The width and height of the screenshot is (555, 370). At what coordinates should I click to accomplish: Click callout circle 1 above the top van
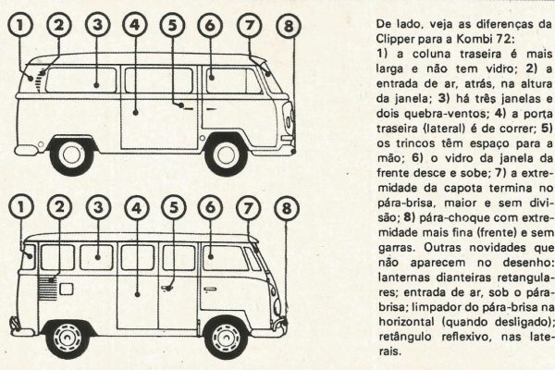click(x=19, y=25)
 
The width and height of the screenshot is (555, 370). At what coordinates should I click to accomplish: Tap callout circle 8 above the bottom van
click(x=287, y=208)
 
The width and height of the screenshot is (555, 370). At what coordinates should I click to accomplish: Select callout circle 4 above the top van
click(x=135, y=25)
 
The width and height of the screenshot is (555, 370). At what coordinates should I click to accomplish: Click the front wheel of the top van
click(x=226, y=155)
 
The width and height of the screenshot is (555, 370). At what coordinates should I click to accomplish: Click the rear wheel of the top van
click(x=71, y=155)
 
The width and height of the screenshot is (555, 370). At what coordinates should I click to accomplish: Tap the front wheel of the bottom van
click(x=226, y=338)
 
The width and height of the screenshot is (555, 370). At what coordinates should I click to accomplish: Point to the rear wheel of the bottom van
click(x=68, y=339)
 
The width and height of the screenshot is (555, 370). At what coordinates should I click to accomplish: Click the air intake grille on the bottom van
click(x=47, y=289)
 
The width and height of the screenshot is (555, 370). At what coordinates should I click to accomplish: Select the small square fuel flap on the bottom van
click(x=67, y=289)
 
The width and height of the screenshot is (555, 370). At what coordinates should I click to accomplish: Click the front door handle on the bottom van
click(x=210, y=290)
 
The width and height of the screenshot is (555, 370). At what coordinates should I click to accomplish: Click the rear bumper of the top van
click(x=26, y=150)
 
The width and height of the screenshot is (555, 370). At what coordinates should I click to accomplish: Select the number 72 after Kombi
click(x=504, y=39)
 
